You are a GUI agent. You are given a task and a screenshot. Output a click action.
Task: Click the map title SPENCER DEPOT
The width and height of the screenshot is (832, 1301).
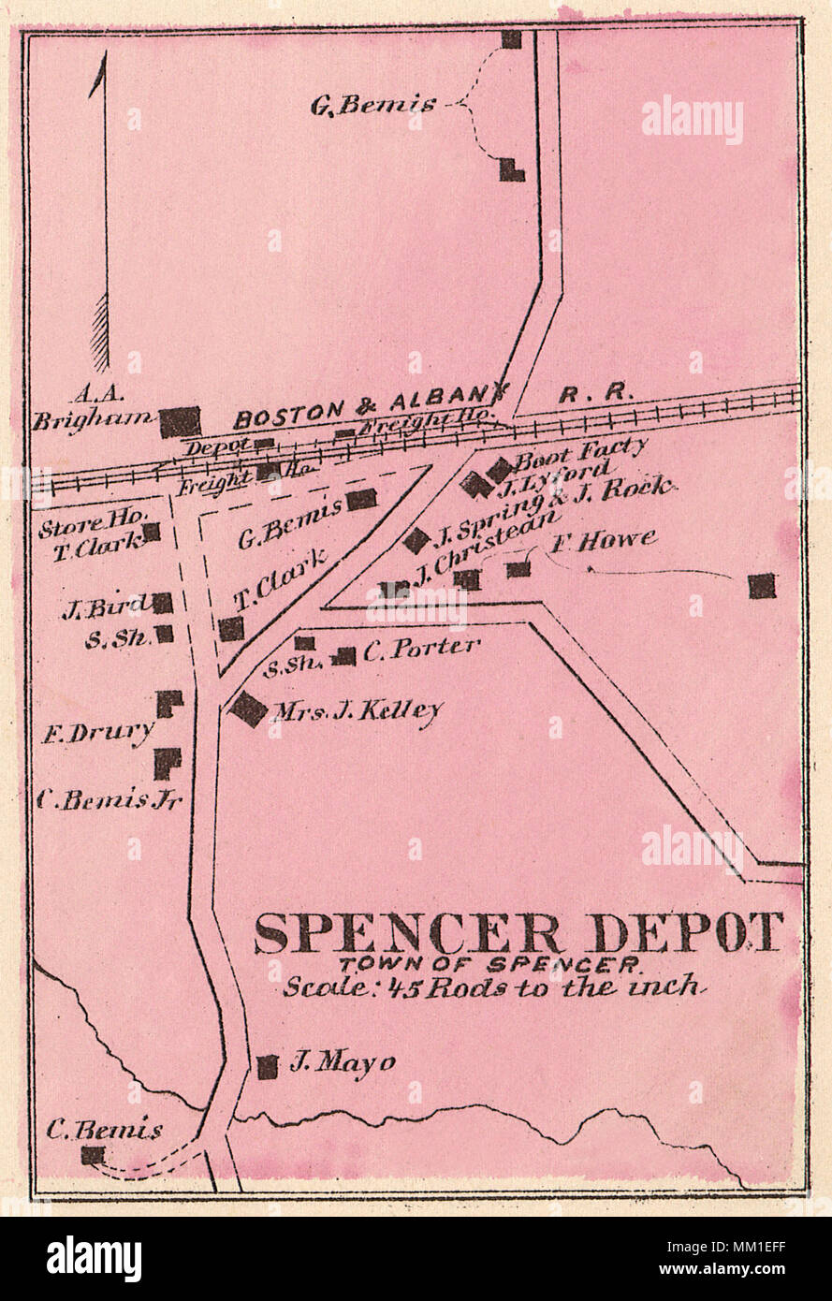click(518, 932)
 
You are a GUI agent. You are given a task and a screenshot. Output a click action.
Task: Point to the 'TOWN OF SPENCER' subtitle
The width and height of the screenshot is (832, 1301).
click(489, 964)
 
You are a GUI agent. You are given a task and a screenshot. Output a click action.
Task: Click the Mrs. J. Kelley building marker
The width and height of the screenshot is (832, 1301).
click(249, 709)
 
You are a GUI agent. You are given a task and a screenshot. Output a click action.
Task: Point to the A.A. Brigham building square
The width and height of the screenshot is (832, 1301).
click(180, 422)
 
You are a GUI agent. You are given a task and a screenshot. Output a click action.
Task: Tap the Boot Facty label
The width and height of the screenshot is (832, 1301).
click(580, 451)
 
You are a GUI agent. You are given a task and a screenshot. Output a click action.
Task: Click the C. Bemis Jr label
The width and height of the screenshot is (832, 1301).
click(109, 800)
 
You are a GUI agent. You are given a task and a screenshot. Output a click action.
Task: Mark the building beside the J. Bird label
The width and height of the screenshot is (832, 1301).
click(163, 604)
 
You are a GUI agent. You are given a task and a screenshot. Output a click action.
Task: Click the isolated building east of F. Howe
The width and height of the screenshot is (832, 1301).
click(762, 586)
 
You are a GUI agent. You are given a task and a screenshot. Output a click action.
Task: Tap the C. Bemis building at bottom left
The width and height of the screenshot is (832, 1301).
click(92, 1155)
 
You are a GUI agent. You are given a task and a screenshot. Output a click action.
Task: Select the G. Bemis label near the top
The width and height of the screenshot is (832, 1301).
click(372, 105)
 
